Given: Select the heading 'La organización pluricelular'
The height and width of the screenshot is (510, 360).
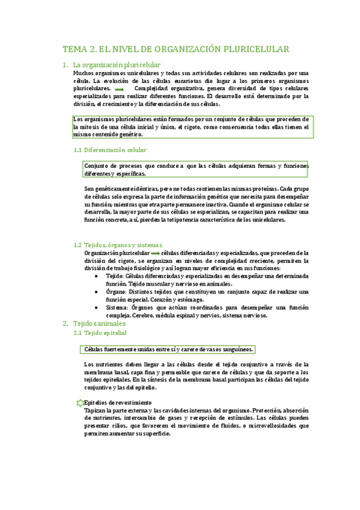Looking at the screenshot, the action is (116, 64).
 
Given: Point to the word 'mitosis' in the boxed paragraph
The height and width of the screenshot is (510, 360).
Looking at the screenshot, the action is (93, 127).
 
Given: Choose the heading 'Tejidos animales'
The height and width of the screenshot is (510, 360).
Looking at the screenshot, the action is (99, 324).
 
